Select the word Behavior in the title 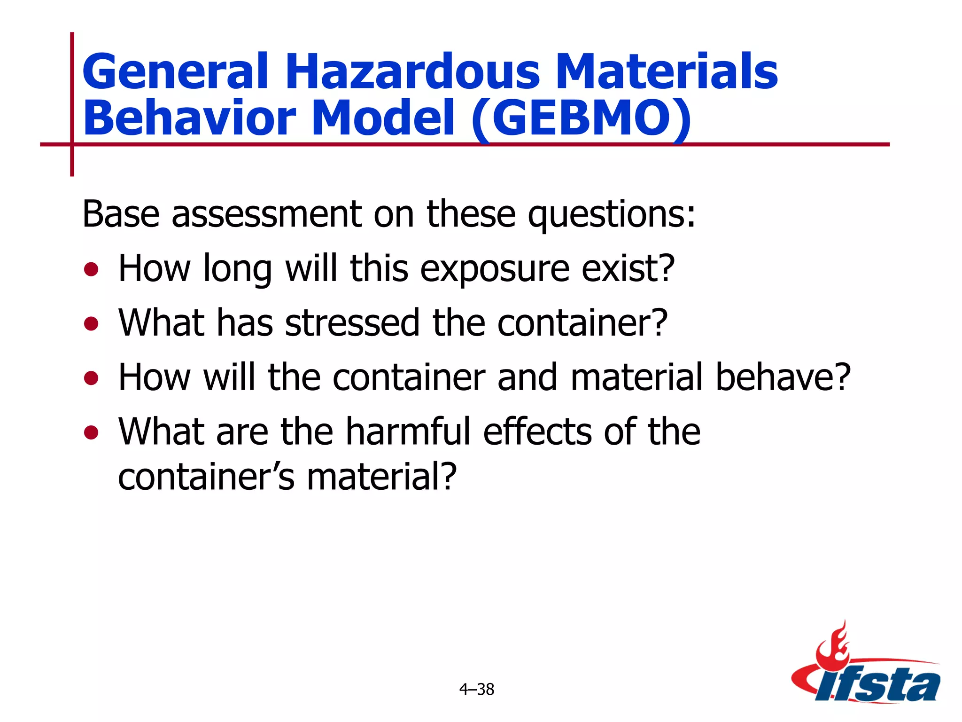(189, 118)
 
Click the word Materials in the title (669, 71)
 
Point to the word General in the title (175, 71)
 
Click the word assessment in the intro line (267, 214)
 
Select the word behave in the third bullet (784, 377)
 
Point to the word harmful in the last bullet (408, 432)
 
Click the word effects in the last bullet (537, 432)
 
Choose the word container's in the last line (206, 477)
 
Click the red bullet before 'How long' (91, 270)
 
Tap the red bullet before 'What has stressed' (91, 324)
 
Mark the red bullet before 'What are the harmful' (91, 432)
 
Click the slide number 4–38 (477, 690)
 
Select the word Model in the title (382, 118)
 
